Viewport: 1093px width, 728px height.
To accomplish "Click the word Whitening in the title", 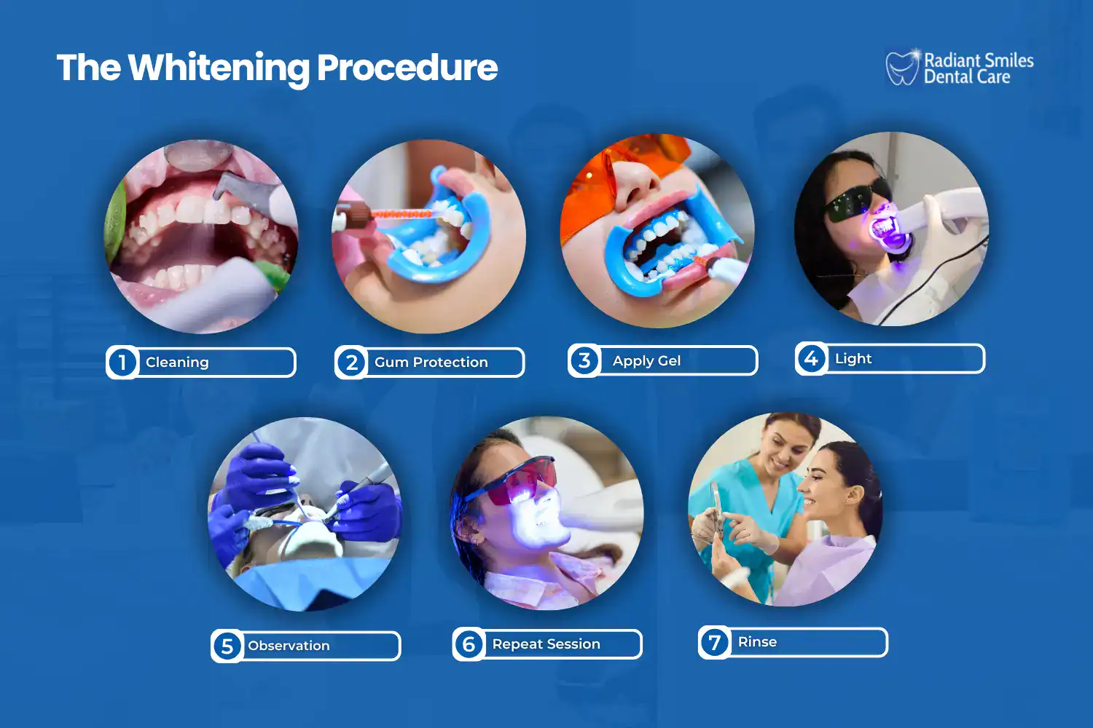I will click(x=218, y=68).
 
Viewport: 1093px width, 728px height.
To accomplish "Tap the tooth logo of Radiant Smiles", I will click(x=902, y=68).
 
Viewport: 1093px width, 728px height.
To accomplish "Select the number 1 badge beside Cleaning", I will click(x=122, y=362).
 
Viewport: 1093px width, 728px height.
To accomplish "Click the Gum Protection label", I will click(x=431, y=362).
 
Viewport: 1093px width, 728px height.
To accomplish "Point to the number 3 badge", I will click(x=584, y=360).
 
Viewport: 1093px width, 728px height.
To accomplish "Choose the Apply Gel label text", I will click(x=646, y=360).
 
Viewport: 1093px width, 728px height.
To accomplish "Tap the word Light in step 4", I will click(x=853, y=358).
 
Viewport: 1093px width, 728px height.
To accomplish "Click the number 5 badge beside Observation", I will click(x=227, y=646).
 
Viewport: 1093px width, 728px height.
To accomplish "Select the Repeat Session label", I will click(x=546, y=644).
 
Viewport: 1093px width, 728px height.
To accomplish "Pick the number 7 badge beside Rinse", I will click(x=715, y=642).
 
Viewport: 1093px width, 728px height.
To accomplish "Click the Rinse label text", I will click(x=757, y=641).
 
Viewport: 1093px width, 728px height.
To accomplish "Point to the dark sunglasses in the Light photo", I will click(x=857, y=200).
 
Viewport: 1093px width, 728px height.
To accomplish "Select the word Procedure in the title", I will click(x=407, y=68).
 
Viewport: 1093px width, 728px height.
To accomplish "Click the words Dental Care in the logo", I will click(x=967, y=77).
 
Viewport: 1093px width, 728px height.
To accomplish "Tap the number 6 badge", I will click(x=469, y=644).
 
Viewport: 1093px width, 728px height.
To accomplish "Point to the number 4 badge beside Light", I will click(x=811, y=358).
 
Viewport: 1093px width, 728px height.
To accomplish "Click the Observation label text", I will click(x=289, y=646).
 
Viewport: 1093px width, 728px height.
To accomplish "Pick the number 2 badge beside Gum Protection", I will click(x=351, y=362).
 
